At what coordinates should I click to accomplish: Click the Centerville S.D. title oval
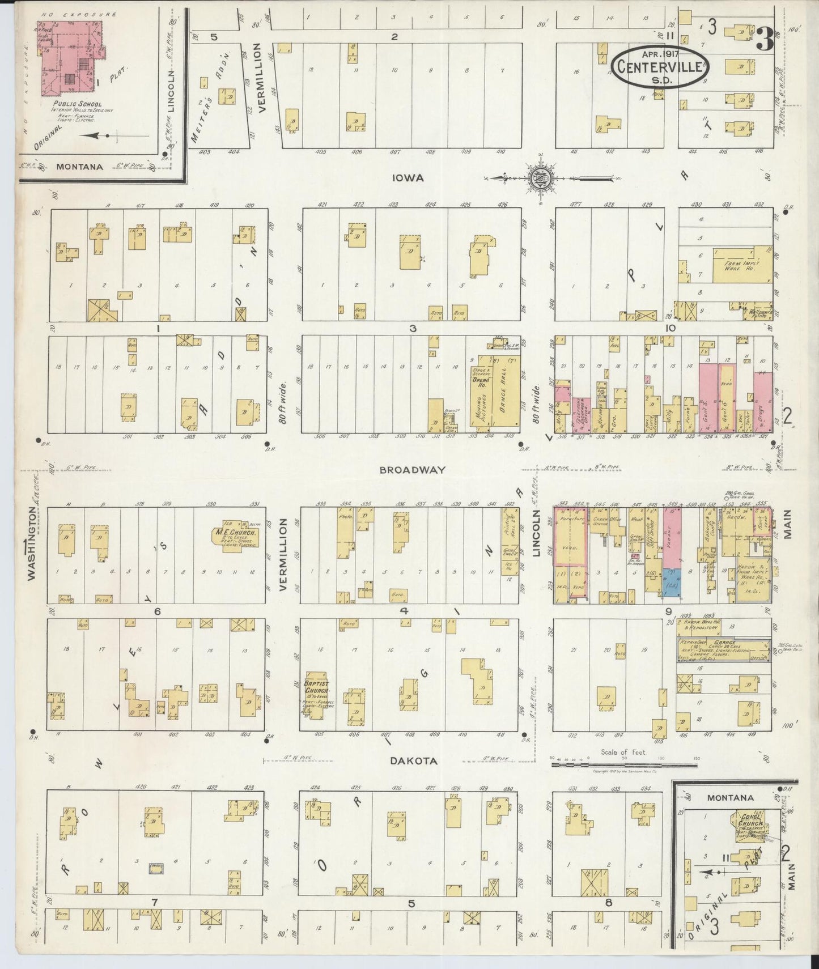pos(660,66)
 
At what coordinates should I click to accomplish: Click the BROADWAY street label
pos(413,470)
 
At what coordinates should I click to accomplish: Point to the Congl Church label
pos(752,820)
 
